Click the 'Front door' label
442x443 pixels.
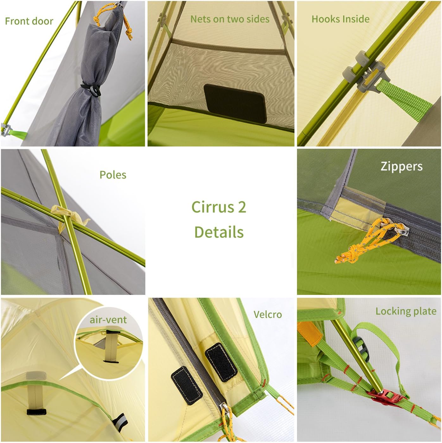click(x=29, y=21)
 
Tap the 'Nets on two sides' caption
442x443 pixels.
click(x=230, y=19)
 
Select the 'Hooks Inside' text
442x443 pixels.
click(x=340, y=19)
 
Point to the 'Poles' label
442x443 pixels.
click(x=113, y=175)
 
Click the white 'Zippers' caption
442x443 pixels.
click(x=401, y=166)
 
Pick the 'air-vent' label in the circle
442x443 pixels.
click(x=108, y=320)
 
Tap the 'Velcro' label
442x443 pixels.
click(x=268, y=315)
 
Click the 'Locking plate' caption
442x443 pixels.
click(x=406, y=311)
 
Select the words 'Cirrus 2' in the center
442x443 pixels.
click(x=219, y=207)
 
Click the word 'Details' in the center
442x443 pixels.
click(x=219, y=232)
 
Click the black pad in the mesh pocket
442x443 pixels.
click(x=235, y=103)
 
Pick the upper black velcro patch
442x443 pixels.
click(x=221, y=362)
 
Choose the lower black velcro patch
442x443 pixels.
click(x=187, y=385)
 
